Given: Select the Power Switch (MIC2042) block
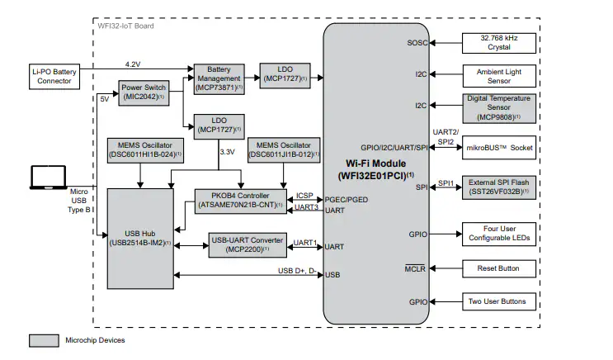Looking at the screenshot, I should tap(144, 92).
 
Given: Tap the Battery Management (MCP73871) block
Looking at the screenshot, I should tap(218, 78).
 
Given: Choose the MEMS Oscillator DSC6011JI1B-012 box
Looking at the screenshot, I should tap(285, 150).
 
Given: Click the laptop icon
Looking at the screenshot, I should tap(47, 178).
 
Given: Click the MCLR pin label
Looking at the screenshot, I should tap(415, 269).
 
